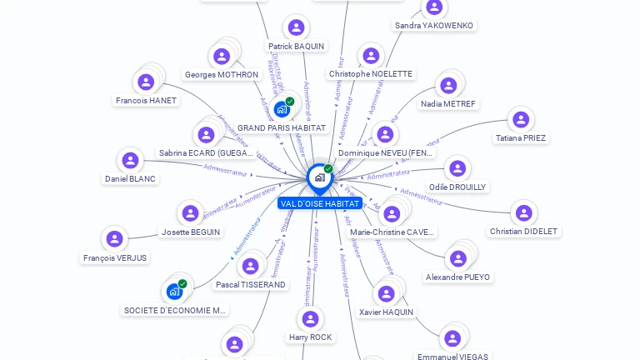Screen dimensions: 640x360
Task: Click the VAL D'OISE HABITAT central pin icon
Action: click(319, 177)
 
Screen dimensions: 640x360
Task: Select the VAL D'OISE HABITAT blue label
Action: click(320, 203)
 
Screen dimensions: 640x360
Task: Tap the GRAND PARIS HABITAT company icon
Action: click(282, 109)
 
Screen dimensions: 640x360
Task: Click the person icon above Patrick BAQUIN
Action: click(295, 28)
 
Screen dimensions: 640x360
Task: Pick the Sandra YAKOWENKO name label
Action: click(433, 26)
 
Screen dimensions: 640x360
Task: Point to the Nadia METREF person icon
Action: click(448, 86)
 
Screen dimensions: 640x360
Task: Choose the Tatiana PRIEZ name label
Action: click(521, 137)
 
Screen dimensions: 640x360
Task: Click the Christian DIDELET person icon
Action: click(523, 213)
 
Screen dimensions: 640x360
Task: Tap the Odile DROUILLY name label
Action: click(457, 187)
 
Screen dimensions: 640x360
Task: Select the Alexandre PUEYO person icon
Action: click(457, 258)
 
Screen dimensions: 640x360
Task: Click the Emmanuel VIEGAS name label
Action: click(452, 357)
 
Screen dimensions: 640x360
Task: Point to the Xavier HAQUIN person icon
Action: click(386, 293)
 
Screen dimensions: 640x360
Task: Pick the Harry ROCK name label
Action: click(310, 337)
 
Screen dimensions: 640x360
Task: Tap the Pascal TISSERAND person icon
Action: click(250, 267)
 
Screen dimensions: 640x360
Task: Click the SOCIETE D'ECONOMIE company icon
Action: click(174, 292)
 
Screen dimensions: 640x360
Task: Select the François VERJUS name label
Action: click(115, 257)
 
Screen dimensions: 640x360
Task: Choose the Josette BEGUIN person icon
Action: click(190, 213)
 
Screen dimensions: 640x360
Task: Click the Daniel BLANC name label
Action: click(130, 178)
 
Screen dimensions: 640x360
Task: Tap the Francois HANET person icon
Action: click(146, 82)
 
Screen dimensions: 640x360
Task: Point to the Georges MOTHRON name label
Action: click(222, 74)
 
